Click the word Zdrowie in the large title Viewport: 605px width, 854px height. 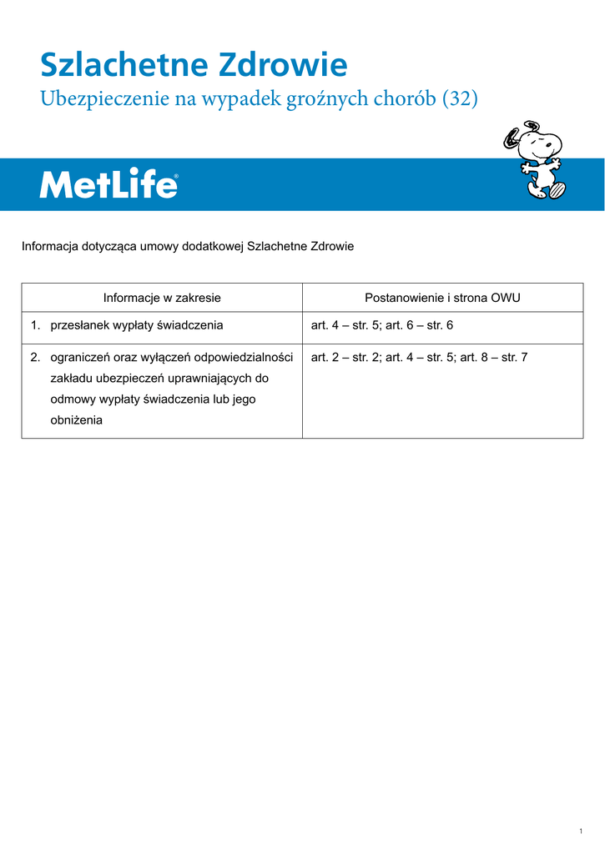point(283,65)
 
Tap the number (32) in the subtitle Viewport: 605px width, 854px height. point(460,99)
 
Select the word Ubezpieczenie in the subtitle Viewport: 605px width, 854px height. point(103,100)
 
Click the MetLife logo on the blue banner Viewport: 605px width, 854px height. point(108,185)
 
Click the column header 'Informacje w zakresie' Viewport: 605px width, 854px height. point(162,298)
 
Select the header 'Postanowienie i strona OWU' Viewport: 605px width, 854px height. point(443,298)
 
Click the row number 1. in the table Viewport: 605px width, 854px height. point(36,325)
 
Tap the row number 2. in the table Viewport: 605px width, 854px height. point(36,358)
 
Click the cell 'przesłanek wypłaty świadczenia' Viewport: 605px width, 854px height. point(137,325)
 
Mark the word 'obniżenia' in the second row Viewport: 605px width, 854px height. point(77,420)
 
